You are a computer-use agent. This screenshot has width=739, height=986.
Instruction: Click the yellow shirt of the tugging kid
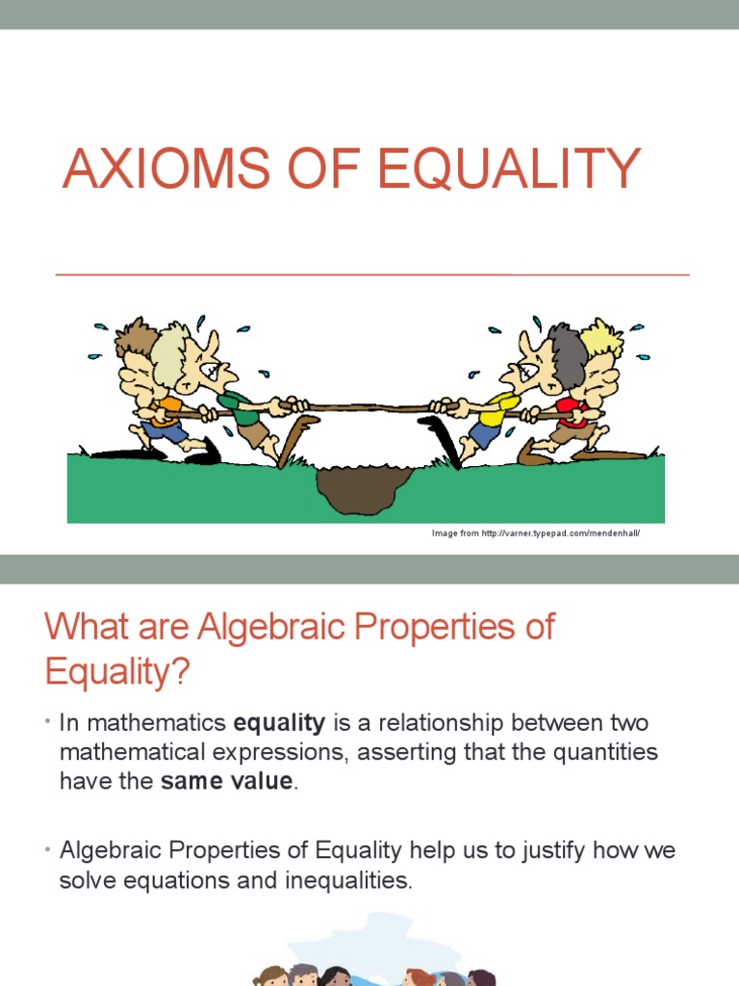[x=501, y=403]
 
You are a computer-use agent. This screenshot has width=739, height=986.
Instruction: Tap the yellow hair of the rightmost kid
[x=602, y=337]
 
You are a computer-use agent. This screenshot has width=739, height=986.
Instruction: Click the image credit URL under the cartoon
[x=536, y=532]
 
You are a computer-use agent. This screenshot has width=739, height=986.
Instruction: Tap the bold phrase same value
[x=226, y=781]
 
